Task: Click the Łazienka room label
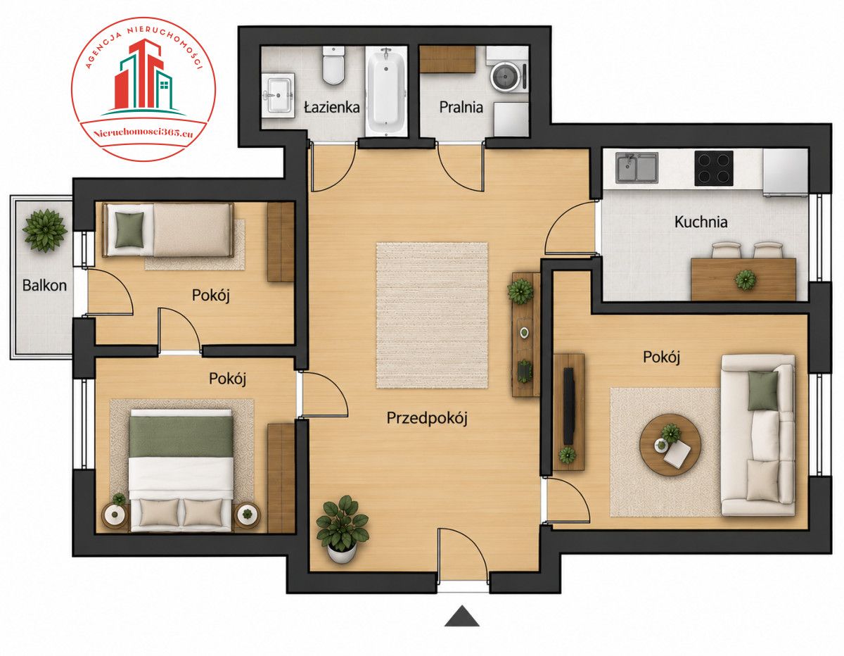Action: tap(332, 107)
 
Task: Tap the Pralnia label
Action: tap(461, 107)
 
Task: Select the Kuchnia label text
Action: tap(701, 222)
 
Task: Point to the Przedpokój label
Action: tap(427, 419)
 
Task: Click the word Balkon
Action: tap(44, 286)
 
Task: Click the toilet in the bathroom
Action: tap(333, 65)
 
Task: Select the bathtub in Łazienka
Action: tap(386, 92)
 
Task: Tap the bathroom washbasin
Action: tap(278, 95)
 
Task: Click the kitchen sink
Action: tap(637, 168)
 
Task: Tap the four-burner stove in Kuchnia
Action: tap(713, 168)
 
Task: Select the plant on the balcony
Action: tap(45, 230)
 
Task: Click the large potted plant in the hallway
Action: tap(343, 528)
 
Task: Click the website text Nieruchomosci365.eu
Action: tap(143, 133)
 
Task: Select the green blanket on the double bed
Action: tap(181, 437)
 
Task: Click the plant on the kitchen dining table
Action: tap(746, 280)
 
